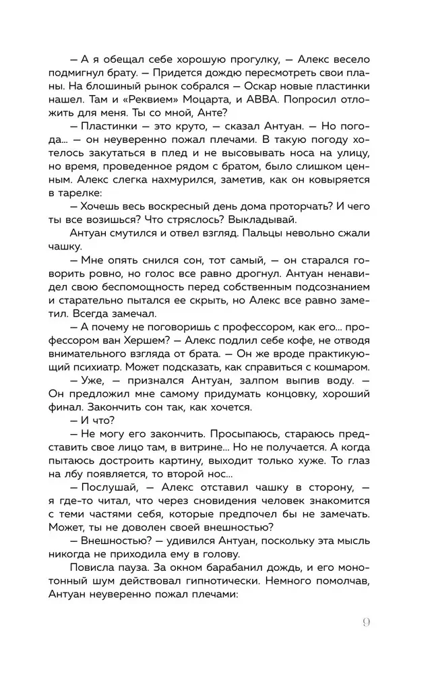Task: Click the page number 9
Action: click(x=367, y=622)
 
